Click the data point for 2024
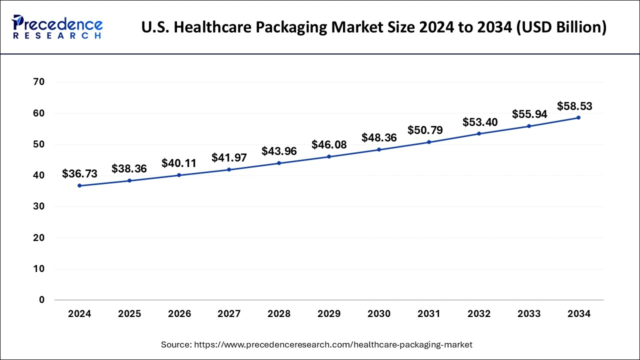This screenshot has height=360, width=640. (x=79, y=185)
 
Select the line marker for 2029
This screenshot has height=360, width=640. (x=329, y=156)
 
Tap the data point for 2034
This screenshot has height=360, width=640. (x=578, y=117)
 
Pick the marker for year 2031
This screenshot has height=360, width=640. (x=429, y=142)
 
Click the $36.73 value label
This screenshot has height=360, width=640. (x=79, y=173)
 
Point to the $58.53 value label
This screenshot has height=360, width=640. (x=574, y=106)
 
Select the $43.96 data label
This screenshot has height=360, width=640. (x=279, y=151)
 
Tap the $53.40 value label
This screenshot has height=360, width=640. (x=480, y=122)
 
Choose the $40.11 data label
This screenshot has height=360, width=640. (x=179, y=163)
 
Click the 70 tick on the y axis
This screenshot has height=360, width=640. (x=38, y=82)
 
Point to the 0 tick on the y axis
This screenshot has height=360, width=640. (x=41, y=300)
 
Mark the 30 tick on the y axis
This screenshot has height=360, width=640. (x=38, y=206)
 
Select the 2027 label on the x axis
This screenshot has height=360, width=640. (x=229, y=314)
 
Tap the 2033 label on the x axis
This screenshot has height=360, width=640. (x=529, y=314)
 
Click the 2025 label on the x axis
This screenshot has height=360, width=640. (x=129, y=314)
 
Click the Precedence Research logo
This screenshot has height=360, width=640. (x=57, y=27)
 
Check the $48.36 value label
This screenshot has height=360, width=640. (x=379, y=137)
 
